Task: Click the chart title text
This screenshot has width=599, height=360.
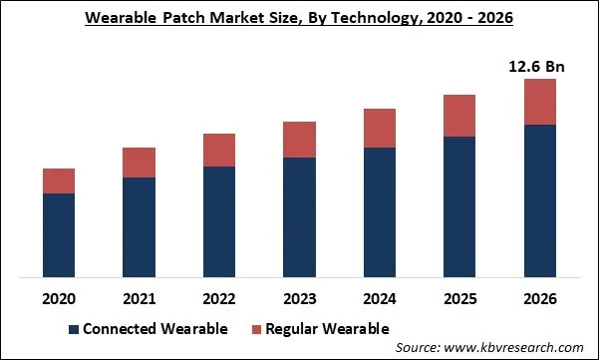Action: point(298,19)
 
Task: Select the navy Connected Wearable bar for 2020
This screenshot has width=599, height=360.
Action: point(59,234)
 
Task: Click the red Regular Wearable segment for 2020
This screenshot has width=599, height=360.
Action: point(59,180)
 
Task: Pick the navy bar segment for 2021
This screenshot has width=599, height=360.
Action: point(139,226)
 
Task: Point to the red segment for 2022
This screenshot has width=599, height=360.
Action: point(219,150)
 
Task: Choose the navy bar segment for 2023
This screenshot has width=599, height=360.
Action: point(299,216)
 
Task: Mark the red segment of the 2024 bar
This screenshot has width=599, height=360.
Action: point(380,128)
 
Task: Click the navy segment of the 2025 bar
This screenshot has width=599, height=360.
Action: point(459,206)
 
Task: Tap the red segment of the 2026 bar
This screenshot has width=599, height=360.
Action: point(539,102)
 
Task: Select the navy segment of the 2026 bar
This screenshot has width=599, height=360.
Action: point(539,200)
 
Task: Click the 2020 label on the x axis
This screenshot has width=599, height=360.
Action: point(59,298)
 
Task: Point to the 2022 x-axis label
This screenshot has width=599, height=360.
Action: point(219,298)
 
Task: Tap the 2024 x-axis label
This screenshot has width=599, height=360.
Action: point(380,298)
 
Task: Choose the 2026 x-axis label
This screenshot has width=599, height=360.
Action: point(539,298)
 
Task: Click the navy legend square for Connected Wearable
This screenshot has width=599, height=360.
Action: point(72,329)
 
